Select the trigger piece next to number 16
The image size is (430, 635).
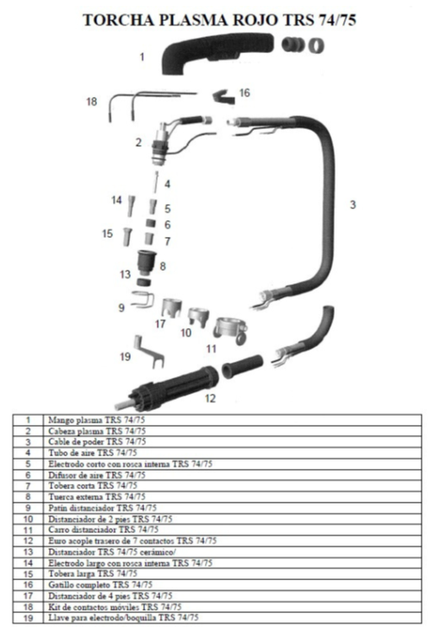(223, 96)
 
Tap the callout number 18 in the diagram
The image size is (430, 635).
(92, 101)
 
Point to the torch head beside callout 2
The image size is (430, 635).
(162, 143)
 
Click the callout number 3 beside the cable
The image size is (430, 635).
(352, 205)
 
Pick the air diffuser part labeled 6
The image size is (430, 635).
(151, 223)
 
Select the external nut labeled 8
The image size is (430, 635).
(147, 261)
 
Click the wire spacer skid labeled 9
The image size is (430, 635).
(142, 300)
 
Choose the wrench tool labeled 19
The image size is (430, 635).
(148, 352)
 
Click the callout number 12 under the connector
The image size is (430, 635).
(210, 399)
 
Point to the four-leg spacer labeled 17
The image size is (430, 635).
(172, 308)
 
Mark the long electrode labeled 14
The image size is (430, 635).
(132, 206)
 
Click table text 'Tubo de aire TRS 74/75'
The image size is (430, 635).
(93, 453)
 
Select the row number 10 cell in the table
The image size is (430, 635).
(28, 519)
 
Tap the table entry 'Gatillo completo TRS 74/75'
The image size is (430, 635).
(100, 584)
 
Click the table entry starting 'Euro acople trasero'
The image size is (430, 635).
(132, 541)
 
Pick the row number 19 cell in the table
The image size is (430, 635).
(28, 618)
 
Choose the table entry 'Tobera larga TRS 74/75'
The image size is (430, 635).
(93, 573)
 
